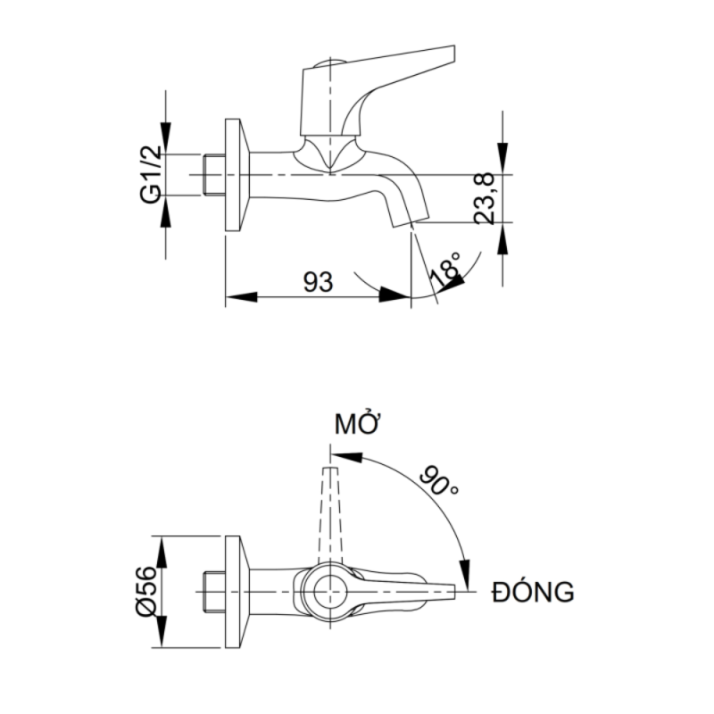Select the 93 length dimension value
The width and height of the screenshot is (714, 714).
pyautogui.click(x=317, y=282)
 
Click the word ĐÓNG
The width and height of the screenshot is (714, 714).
pyautogui.click(x=532, y=591)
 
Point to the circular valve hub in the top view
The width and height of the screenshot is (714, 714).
pyautogui.click(x=329, y=590)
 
